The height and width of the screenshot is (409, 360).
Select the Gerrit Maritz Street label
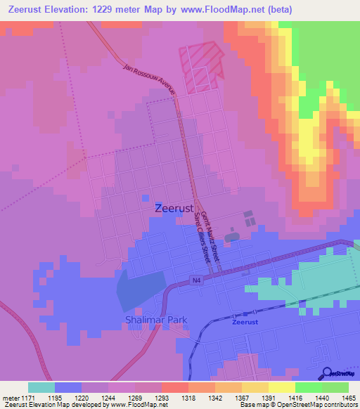pos(210,236)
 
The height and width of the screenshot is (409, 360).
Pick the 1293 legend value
pos(161,398)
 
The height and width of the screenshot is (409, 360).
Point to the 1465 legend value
pos(340,398)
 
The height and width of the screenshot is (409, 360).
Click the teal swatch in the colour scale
pos(41,387)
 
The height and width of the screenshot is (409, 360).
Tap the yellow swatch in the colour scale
pos(282,387)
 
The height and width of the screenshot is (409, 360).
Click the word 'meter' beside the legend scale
pos(9,398)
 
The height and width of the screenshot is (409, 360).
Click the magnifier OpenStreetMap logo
pos(328,372)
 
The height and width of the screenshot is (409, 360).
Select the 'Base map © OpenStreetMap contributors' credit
pos(298,405)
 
